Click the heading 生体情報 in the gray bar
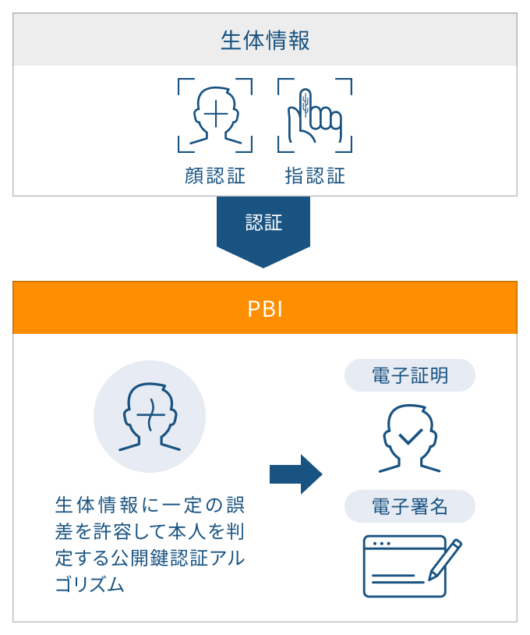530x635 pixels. coord(265,41)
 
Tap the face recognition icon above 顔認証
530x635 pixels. coord(215,115)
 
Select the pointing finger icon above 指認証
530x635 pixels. coord(314,115)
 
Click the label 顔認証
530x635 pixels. coord(215,176)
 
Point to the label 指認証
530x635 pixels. coord(315,176)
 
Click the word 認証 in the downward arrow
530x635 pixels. coord(264,222)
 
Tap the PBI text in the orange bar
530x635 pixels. coord(265,309)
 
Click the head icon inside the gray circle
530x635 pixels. coord(150,417)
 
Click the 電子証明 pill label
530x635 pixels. coord(410,375)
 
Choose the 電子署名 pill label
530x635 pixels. coord(410,506)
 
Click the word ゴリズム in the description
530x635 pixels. coord(90,584)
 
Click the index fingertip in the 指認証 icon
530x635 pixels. coord(306,95)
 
